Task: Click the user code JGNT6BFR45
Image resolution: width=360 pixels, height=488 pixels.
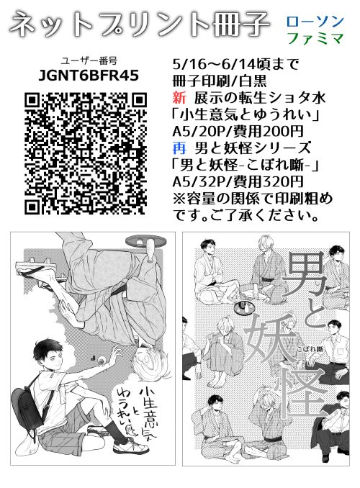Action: tap(89, 75)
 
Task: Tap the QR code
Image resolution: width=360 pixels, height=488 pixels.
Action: tap(86, 153)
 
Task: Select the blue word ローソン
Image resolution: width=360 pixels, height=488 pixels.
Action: tap(315, 21)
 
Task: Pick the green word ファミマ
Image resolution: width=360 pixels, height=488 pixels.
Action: tap(315, 38)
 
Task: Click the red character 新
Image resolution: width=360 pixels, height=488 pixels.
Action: tap(179, 99)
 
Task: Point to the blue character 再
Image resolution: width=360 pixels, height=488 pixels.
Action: tap(179, 148)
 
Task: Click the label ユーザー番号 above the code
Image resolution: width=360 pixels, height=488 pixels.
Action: tap(89, 61)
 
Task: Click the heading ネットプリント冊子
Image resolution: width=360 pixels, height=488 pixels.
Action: tap(139, 23)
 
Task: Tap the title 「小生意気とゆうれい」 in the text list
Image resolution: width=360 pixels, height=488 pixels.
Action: tap(246, 115)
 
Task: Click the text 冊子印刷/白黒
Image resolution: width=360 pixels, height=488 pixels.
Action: tap(220, 81)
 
